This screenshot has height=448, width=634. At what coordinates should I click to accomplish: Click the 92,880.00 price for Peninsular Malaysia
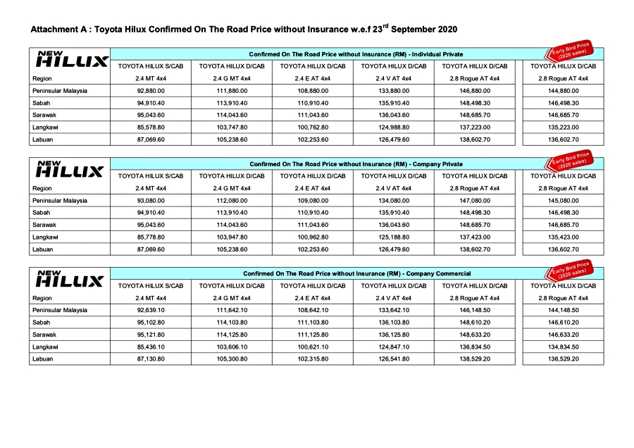click(x=151, y=90)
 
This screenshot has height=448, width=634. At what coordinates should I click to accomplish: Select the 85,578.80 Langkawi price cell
click(x=151, y=127)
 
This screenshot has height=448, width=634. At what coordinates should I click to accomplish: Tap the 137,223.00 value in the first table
click(x=474, y=127)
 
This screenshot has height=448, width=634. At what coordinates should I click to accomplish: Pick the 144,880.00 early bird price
click(x=563, y=90)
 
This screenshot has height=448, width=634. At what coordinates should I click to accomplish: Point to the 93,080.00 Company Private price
click(x=151, y=200)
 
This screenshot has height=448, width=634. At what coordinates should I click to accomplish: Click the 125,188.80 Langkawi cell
click(x=393, y=237)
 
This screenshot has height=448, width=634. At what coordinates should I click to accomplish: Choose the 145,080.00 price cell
click(x=563, y=200)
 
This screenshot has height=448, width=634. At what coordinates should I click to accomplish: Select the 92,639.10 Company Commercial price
click(x=151, y=310)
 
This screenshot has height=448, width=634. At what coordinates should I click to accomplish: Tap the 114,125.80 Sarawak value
click(x=232, y=335)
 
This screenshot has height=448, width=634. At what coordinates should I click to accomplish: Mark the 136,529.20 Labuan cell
click(x=563, y=359)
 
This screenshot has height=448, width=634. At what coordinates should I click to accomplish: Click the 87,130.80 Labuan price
click(x=151, y=359)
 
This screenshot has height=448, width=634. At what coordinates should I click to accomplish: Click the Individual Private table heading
click(x=346, y=54)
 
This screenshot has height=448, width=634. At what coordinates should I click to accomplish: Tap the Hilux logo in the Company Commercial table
click(x=70, y=279)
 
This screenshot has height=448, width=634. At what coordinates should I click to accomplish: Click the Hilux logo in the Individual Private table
click(x=70, y=60)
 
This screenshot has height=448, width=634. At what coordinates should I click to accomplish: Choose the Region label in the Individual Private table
click(x=42, y=78)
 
